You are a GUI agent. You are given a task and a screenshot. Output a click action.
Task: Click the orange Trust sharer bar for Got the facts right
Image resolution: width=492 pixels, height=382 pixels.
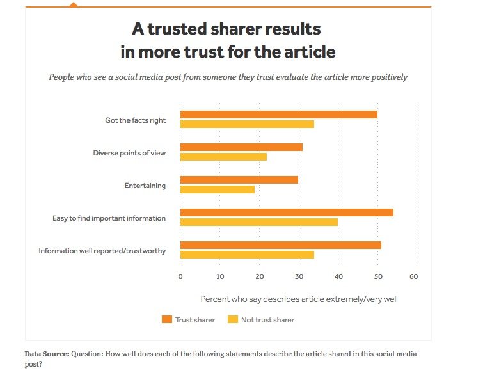(278, 115)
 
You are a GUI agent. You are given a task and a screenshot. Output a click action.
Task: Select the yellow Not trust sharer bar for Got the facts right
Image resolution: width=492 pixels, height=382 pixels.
(247, 124)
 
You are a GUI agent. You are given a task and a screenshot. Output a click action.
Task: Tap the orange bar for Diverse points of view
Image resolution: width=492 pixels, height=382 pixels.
(241, 147)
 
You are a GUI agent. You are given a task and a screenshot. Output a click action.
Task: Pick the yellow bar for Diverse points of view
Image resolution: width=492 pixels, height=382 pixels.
(223, 157)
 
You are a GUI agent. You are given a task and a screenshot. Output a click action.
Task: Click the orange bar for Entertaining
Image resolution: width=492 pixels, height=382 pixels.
(239, 180)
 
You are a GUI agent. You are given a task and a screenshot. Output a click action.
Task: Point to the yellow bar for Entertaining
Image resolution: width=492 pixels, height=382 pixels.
(217, 189)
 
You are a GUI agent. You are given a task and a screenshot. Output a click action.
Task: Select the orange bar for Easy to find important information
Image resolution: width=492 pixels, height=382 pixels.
(287, 212)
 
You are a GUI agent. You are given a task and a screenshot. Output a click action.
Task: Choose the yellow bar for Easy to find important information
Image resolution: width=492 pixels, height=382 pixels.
(258, 222)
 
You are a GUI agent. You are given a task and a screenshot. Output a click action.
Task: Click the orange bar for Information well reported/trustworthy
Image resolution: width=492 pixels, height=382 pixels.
(280, 245)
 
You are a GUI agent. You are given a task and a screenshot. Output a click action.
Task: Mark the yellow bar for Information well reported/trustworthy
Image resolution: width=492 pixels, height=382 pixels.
(247, 255)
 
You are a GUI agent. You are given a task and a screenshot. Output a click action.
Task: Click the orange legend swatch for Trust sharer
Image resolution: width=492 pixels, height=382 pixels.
(168, 319)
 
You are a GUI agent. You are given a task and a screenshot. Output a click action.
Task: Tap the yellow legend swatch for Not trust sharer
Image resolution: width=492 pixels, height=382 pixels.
(233, 319)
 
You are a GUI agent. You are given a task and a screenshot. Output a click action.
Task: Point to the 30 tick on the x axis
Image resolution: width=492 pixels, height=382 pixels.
(299, 276)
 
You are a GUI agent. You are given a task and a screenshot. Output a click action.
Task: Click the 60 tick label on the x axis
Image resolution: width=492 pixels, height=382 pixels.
(414, 276)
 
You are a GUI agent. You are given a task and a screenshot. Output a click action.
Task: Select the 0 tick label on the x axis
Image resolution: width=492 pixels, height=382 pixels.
(180, 276)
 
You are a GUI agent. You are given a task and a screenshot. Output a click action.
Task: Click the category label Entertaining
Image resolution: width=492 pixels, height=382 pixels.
(145, 186)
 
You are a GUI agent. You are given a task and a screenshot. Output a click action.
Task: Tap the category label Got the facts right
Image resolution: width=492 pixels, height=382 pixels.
(136, 120)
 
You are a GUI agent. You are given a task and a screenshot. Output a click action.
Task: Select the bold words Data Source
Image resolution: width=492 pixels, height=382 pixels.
(47, 354)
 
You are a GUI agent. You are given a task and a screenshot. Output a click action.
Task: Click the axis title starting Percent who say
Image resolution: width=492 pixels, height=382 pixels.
(299, 299)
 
